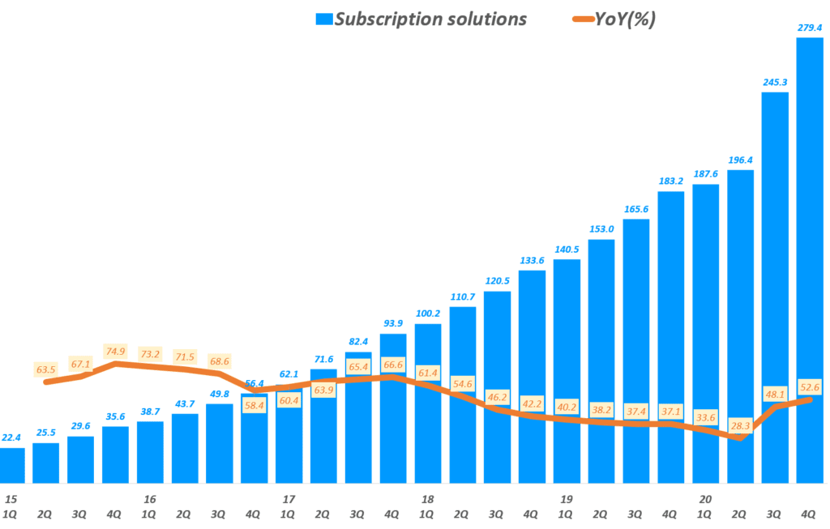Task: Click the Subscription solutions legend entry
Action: click(421, 18)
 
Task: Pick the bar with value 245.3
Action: click(774, 284)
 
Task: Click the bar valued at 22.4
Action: click(11, 465)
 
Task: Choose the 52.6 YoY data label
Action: click(809, 387)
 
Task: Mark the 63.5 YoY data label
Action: click(46, 369)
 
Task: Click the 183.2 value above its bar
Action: click(670, 181)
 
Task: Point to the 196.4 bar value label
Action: click(740, 160)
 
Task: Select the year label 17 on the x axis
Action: click(289, 499)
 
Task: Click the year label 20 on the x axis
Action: click(705, 499)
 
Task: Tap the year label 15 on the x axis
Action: click(11, 499)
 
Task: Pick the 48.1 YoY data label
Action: click(774, 395)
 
